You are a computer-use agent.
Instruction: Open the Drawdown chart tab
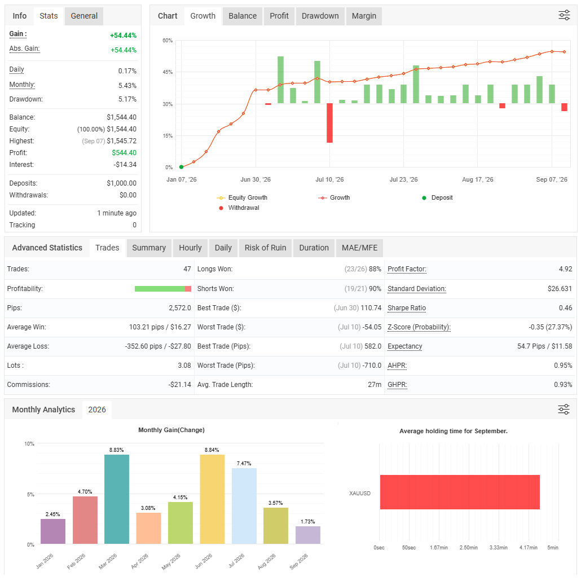[320, 16]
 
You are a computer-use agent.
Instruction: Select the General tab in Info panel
[84, 16]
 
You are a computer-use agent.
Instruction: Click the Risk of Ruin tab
[265, 248]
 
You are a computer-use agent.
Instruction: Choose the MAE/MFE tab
[359, 248]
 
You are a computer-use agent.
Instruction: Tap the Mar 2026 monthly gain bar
[117, 499]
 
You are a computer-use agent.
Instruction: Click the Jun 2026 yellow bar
[212, 499]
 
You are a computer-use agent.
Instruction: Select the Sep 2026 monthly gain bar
[308, 535]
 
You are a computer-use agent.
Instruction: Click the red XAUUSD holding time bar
[460, 492]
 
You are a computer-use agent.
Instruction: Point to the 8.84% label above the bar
[212, 450]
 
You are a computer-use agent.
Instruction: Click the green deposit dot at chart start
[181, 167]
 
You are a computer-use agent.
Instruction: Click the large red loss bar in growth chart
[330, 123]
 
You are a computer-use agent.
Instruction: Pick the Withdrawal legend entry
[239, 208]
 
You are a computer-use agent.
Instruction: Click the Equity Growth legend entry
[242, 197]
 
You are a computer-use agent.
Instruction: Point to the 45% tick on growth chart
[168, 72]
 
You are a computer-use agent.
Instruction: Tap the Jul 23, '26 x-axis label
[403, 179]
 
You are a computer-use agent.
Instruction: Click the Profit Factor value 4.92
[565, 269]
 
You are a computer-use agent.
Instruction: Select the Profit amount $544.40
[124, 153]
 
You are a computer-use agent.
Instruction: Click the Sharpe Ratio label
[407, 308]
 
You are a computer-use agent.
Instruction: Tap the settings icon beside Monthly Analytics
[564, 410]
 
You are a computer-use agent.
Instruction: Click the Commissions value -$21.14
[180, 385]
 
